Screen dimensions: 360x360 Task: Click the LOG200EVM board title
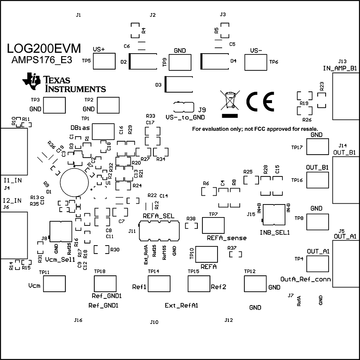(x=44, y=48)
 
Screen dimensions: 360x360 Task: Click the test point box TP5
(x=104, y=61)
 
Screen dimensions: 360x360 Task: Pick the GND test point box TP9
(x=180, y=62)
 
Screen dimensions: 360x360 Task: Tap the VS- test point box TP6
(x=255, y=62)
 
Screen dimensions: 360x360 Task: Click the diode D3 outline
(x=179, y=84)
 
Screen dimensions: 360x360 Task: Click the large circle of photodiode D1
(x=75, y=183)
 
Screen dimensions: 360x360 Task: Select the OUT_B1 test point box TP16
(x=317, y=180)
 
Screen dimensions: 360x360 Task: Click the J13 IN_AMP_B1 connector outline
(x=346, y=96)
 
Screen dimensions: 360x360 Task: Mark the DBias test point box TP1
(x=104, y=131)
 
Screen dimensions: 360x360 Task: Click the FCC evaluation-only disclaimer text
(x=255, y=129)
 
